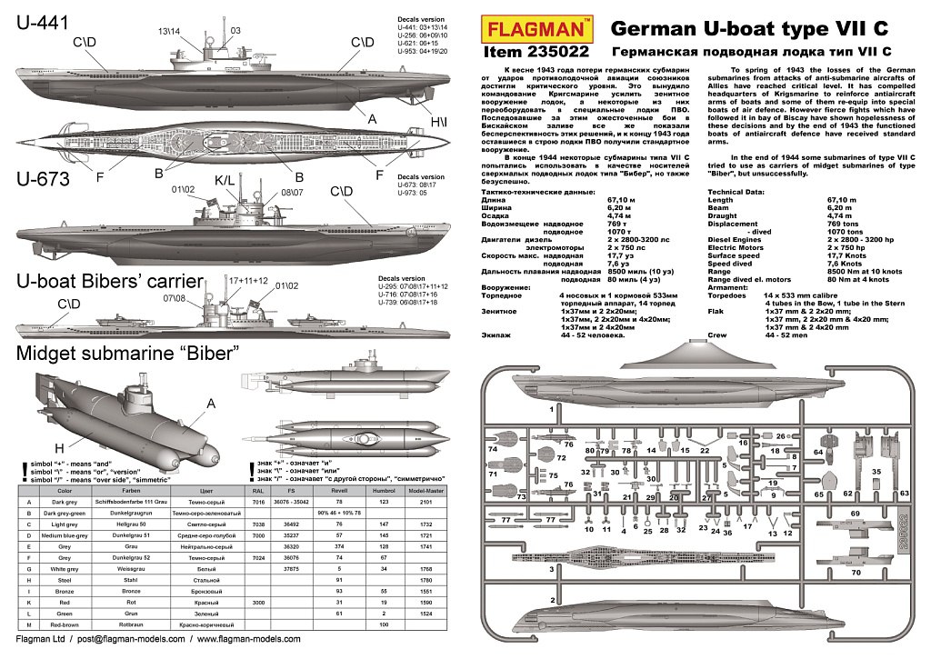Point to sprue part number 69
[x=856, y=514]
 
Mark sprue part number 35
[x=876, y=472]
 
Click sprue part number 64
[x=818, y=451]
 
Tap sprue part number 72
[x=562, y=458]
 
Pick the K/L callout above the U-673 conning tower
[x=224, y=181]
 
